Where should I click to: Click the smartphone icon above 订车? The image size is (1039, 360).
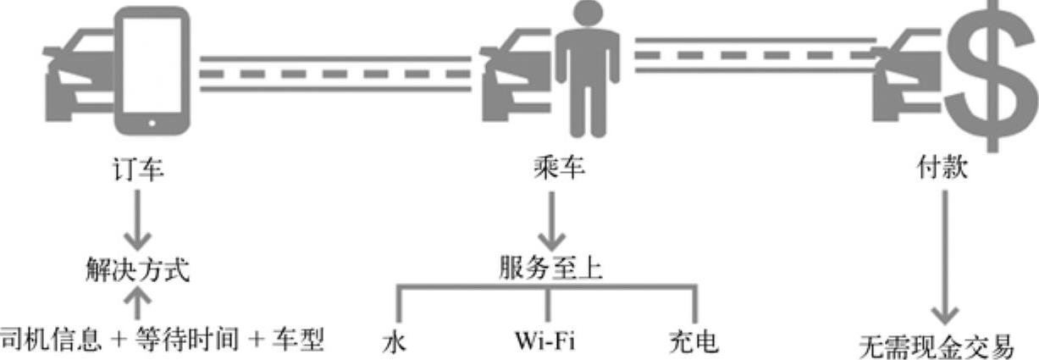[152, 73]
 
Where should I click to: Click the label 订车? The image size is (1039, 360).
[139, 169]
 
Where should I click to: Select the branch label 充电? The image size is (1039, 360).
[694, 343]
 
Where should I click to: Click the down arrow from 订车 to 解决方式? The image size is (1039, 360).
[139, 220]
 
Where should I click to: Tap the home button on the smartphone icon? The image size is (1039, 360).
[152, 124]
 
